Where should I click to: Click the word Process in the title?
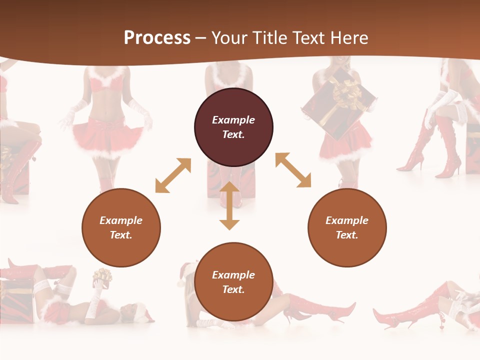157,38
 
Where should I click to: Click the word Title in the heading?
269,38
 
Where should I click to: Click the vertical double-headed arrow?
229,205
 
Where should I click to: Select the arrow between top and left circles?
173,175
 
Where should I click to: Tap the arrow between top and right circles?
293,170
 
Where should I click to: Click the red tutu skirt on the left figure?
108,135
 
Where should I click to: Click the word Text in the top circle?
233,134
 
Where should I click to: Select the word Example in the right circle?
347,220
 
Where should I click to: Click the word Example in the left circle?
121,220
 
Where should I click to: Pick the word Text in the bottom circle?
233,289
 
